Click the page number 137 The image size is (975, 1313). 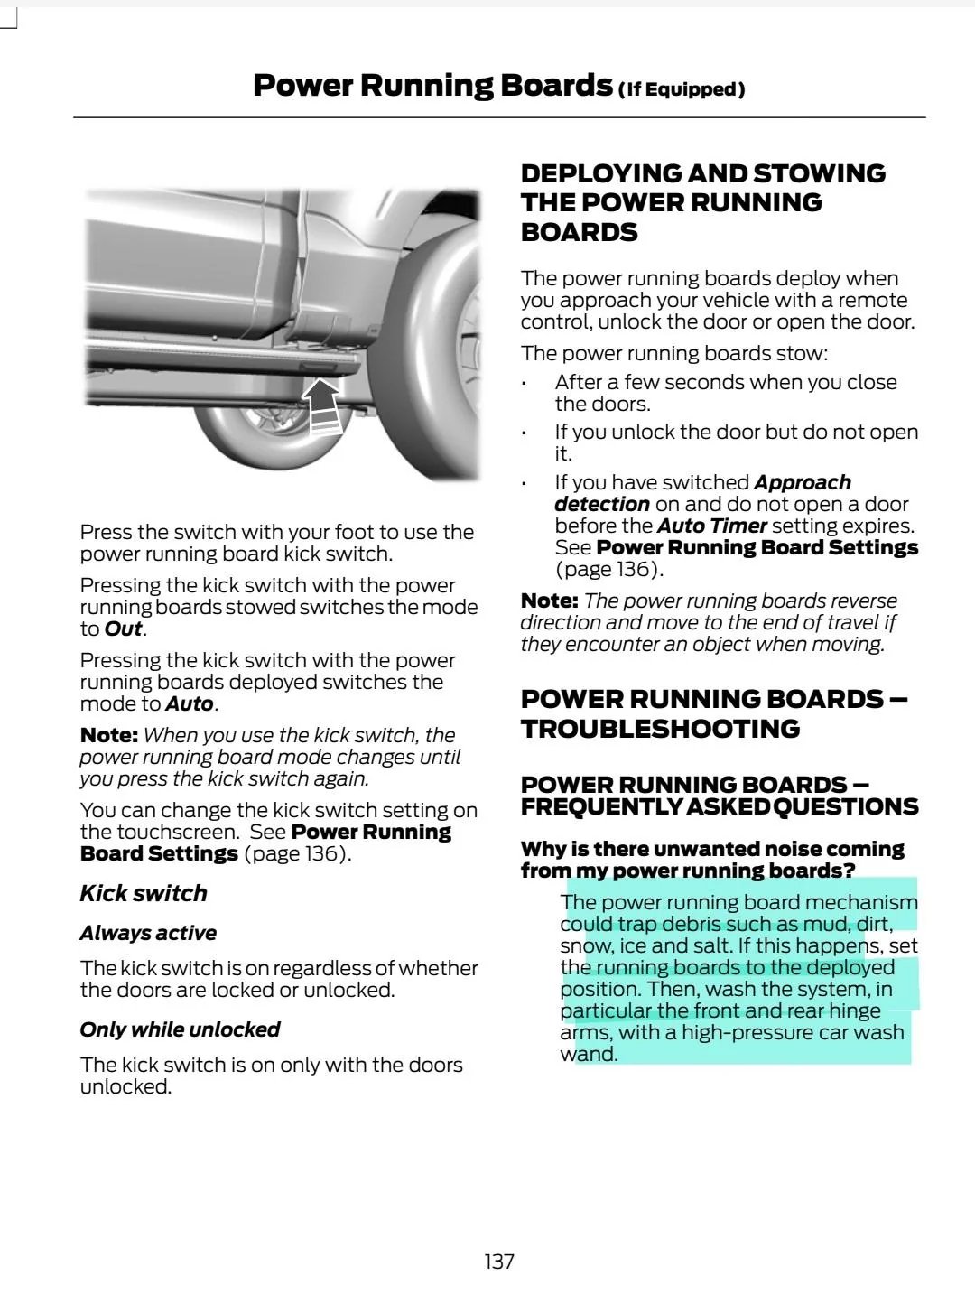click(x=499, y=1262)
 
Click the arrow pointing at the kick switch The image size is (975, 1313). click(x=323, y=405)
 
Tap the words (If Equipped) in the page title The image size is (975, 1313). click(x=682, y=89)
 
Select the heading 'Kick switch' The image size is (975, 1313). click(x=144, y=893)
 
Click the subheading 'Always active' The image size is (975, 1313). click(x=148, y=933)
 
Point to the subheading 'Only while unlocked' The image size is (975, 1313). click(x=180, y=1029)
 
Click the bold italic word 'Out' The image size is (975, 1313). click(x=124, y=629)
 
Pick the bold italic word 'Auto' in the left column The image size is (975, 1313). click(x=190, y=703)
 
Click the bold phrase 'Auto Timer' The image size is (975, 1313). click(x=711, y=526)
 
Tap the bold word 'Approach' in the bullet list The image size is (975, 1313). click(x=803, y=482)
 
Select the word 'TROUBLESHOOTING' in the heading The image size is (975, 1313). click(x=660, y=729)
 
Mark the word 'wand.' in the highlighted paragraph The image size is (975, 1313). click(x=589, y=1054)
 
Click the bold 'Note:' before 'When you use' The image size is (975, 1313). click(x=108, y=735)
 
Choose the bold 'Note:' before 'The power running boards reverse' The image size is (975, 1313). click(x=549, y=601)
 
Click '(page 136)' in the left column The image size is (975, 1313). click(x=297, y=853)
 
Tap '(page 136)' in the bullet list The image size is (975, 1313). click(x=608, y=569)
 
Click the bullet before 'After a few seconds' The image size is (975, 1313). click(x=524, y=383)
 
